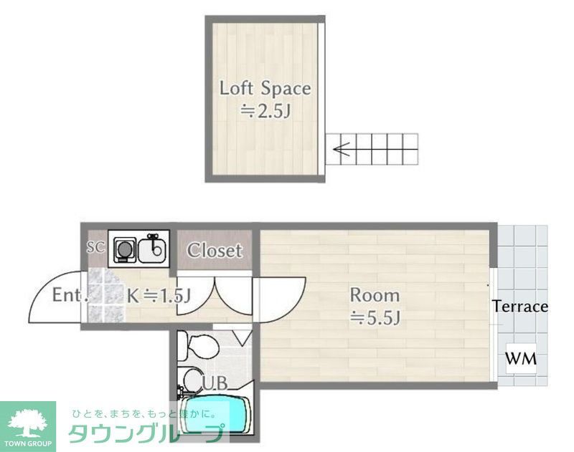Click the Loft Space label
pyautogui.click(x=265, y=89)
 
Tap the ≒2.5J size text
pyautogui.click(x=265, y=111)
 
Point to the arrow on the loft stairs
pyautogui.click(x=342, y=150)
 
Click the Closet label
pyautogui.click(x=215, y=251)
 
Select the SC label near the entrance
pyautogui.click(x=96, y=248)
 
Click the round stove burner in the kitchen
pyautogui.click(x=125, y=250)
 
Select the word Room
pyautogui.click(x=374, y=294)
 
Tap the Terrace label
pyautogui.click(x=520, y=307)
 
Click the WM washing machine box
pyautogui.click(x=521, y=358)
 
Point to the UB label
pyautogui.click(x=214, y=384)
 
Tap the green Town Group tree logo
pyautogui.click(x=28, y=423)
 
